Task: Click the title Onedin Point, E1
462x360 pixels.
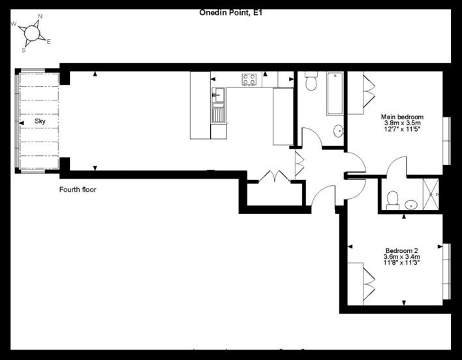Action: (x=230, y=12)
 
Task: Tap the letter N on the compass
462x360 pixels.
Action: (x=40, y=16)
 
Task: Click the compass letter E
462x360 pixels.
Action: (x=49, y=42)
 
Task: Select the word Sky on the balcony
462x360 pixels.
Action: (x=40, y=121)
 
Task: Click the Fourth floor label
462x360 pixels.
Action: (x=78, y=190)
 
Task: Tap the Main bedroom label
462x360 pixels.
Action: (x=402, y=117)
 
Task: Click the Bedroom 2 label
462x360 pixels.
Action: (x=401, y=251)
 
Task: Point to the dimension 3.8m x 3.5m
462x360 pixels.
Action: (x=402, y=123)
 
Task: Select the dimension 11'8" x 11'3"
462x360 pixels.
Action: (x=401, y=263)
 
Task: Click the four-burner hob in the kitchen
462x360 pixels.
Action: (x=249, y=79)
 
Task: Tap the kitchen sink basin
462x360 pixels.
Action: (x=219, y=95)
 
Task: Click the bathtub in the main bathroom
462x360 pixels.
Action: (x=335, y=94)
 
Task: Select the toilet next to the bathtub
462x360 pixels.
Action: (x=311, y=81)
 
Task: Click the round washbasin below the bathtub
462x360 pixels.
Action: (x=339, y=130)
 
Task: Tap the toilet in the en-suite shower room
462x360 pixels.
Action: (x=392, y=200)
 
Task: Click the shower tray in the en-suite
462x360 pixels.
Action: (x=431, y=194)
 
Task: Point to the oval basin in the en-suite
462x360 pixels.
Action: (x=411, y=205)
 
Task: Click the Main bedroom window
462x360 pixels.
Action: (x=447, y=141)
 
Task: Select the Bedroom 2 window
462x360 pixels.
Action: (x=447, y=271)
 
